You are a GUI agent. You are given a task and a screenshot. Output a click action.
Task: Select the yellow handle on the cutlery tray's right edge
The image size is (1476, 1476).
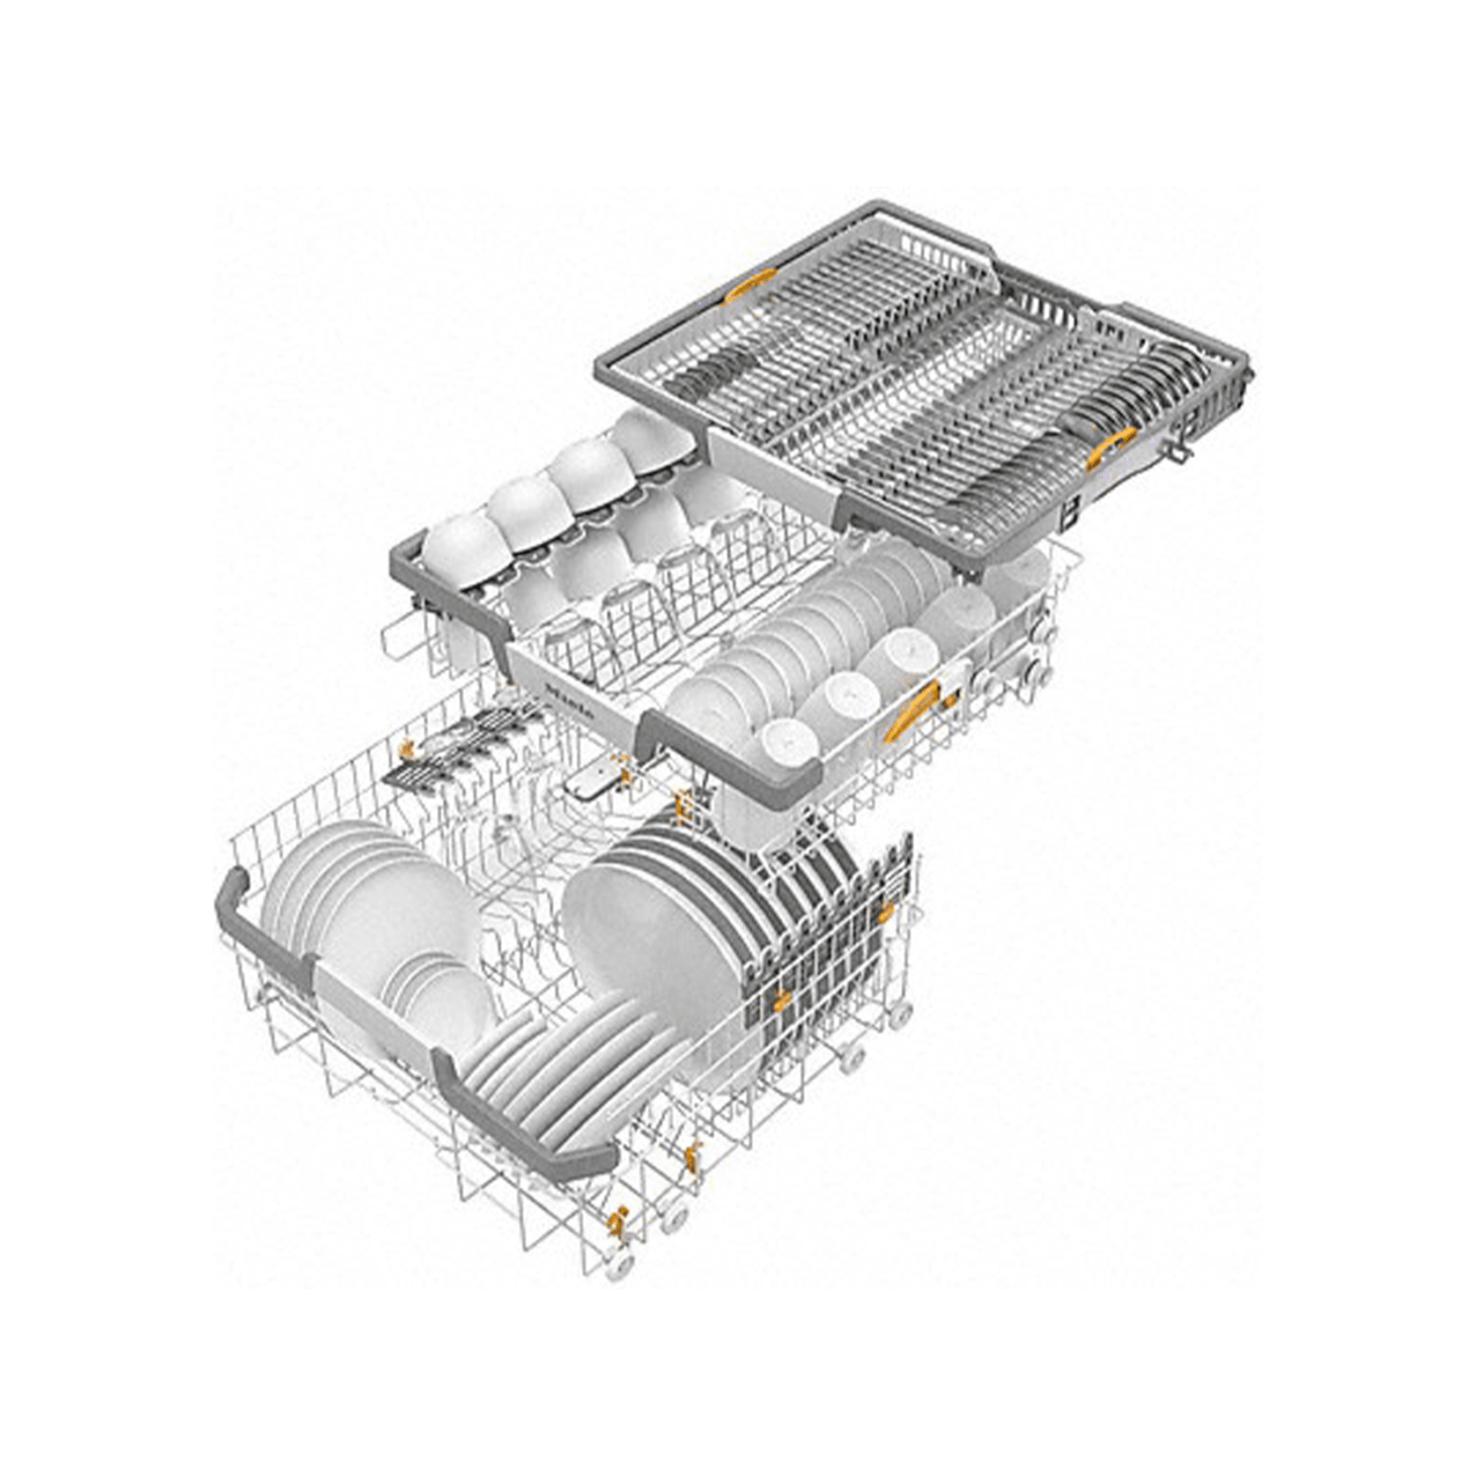tap(1113, 445)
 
